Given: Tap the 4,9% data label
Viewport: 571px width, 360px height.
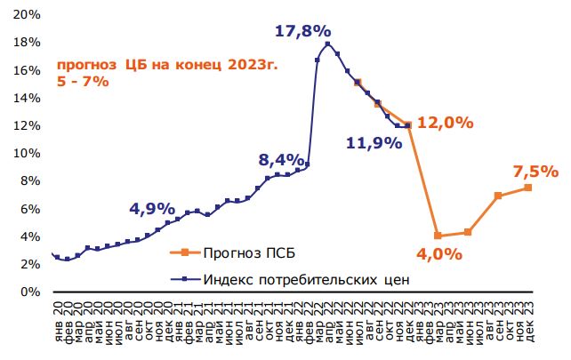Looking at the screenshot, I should pyautogui.click(x=152, y=209).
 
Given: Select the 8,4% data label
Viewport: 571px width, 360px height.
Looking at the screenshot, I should pyautogui.click(x=281, y=160).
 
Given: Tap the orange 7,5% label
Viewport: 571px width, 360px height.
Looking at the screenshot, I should pyautogui.click(x=535, y=171).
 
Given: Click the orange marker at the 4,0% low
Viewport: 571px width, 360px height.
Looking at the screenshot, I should pyautogui.click(x=438, y=236).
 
